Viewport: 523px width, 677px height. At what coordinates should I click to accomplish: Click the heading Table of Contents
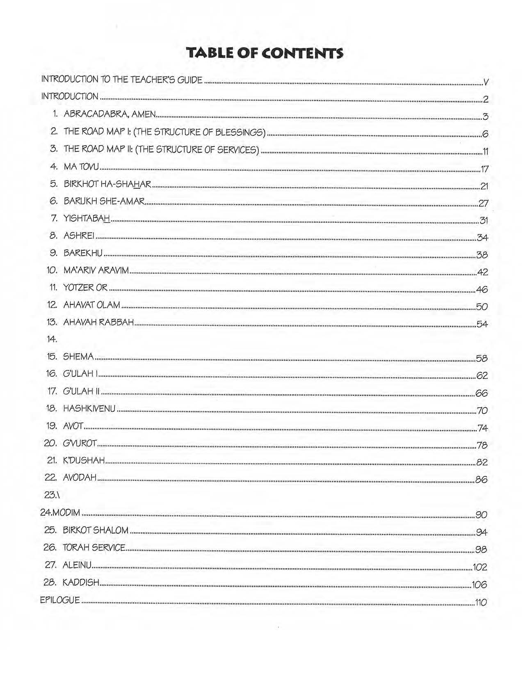point(265,53)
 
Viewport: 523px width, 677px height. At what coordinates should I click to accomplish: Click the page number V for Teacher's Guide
point(486,82)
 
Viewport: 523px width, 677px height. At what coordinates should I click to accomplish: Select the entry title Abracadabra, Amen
point(110,114)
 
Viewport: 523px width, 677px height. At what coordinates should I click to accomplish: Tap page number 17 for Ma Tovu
point(484,169)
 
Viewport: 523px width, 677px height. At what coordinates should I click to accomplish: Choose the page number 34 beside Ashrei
point(482,238)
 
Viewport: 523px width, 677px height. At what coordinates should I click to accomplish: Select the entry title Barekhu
point(83,253)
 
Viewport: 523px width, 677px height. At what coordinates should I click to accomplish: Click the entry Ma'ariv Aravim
point(96,270)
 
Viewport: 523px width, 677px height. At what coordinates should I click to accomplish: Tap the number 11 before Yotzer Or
point(53,288)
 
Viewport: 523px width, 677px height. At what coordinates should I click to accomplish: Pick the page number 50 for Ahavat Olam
point(482,306)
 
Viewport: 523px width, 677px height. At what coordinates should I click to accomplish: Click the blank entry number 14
point(52,339)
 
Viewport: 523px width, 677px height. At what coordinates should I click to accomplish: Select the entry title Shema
point(78,357)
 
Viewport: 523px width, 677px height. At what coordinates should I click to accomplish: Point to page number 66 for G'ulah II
point(482,393)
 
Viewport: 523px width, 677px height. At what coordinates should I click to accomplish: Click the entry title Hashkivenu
point(89,409)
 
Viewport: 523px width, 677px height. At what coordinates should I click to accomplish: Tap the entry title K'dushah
point(84,460)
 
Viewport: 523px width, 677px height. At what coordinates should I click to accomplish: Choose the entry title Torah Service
point(94,548)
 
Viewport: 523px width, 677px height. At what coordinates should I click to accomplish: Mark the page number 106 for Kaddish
point(479,585)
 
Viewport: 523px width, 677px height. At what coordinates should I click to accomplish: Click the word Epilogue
point(60,600)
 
